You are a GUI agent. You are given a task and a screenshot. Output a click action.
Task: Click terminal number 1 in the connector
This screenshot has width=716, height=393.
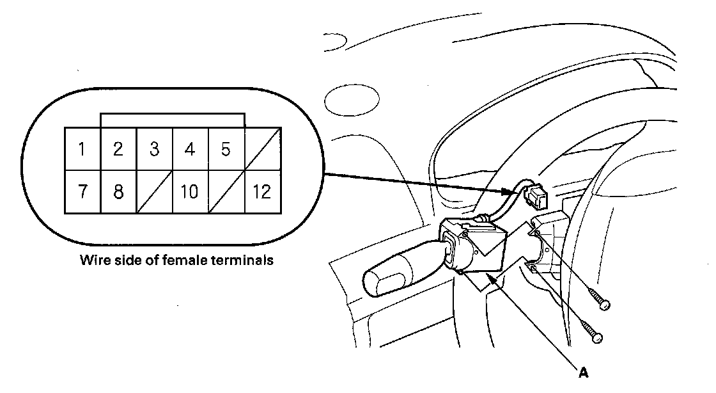82,150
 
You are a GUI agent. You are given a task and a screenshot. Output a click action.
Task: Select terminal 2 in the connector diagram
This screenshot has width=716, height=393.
118,150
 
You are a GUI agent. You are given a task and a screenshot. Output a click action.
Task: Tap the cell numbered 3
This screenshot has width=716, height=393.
154,150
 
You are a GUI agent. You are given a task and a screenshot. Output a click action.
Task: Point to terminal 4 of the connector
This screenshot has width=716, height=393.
189,150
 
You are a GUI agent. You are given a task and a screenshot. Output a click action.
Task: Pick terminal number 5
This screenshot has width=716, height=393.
225,150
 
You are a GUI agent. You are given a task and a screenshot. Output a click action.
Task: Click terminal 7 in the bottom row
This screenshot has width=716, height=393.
82,191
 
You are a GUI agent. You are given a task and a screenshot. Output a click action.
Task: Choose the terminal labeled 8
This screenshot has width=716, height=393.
118,191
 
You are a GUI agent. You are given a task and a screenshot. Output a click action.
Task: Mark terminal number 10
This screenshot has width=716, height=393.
189,191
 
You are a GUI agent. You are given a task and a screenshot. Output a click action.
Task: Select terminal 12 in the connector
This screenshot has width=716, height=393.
261,191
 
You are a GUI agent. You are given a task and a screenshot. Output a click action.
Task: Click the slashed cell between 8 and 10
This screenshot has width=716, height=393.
154,191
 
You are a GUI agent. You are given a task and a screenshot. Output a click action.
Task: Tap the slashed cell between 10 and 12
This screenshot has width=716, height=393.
226,191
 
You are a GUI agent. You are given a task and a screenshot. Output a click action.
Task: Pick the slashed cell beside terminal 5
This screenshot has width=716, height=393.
261,150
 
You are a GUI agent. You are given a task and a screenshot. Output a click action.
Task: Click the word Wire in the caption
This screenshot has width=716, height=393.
93,261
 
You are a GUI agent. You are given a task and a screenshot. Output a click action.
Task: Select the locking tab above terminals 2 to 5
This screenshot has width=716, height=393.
173,120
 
